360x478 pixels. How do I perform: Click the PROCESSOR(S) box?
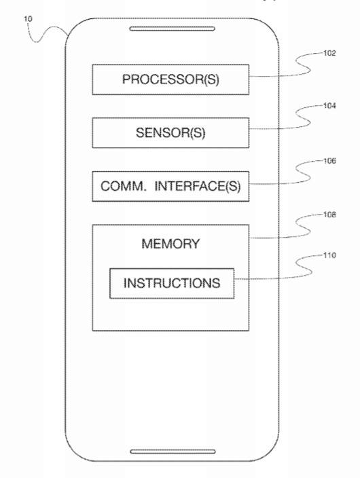(170, 79)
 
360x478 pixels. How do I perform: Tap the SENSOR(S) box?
(170, 133)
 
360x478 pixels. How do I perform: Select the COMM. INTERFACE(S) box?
(170, 186)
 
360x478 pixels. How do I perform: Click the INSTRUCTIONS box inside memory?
(172, 283)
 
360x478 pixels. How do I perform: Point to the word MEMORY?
(170, 244)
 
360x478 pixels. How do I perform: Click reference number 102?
(329, 53)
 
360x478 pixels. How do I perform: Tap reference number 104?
(329, 106)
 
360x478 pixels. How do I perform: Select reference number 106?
(329, 161)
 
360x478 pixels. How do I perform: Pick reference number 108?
(329, 215)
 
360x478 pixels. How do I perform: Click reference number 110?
(329, 255)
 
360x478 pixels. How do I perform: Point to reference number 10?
(27, 19)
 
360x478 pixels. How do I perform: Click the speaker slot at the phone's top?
(172, 29)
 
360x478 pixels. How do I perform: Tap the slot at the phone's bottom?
(173, 452)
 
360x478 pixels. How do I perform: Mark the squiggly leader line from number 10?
(46, 31)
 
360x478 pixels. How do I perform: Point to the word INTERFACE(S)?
(198, 186)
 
